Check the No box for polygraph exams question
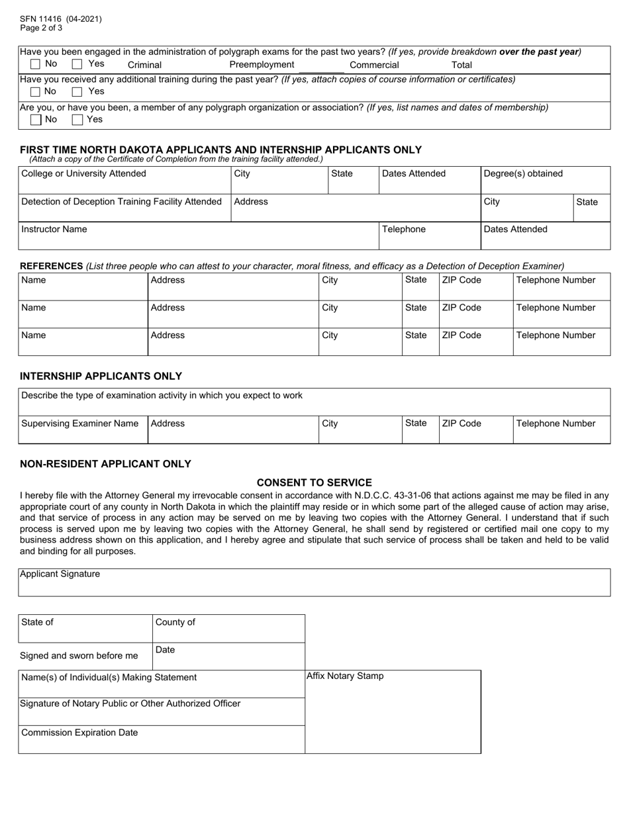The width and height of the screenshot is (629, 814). [36, 64]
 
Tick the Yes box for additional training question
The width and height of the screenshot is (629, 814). [77, 91]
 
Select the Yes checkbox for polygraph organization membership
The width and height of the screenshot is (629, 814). [77, 120]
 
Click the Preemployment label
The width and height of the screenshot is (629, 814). [262, 64]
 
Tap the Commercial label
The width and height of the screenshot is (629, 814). [374, 65]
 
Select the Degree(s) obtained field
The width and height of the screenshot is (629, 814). [545, 180]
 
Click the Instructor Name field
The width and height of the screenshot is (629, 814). [198, 236]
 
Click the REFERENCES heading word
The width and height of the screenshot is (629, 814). [52, 266]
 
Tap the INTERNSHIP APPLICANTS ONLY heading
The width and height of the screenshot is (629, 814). [101, 376]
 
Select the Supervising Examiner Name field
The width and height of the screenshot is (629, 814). [83, 430]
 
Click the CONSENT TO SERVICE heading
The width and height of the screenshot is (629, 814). [314, 482]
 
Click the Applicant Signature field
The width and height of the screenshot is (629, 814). [314, 583]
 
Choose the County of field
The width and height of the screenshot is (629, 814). [228, 629]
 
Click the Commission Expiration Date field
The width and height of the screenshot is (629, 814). [162, 740]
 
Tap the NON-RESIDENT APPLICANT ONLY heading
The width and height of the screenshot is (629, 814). [105, 464]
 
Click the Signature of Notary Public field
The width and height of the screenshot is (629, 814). [162, 711]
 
